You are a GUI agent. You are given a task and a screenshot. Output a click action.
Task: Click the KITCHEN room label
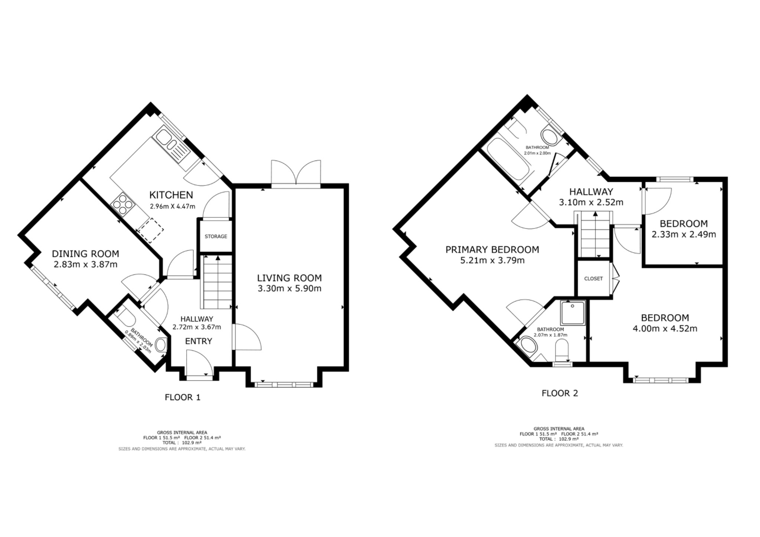[x=171, y=195]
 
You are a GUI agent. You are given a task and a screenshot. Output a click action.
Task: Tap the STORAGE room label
[x=216, y=236]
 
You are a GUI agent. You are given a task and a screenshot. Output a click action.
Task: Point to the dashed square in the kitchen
[x=150, y=230]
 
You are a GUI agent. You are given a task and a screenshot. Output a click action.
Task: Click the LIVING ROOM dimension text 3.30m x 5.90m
[x=289, y=289]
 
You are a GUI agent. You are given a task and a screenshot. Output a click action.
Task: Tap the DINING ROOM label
[x=85, y=254]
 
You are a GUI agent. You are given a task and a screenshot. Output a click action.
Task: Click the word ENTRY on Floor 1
[x=199, y=341]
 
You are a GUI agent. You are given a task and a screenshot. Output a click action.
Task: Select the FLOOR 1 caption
[x=183, y=398]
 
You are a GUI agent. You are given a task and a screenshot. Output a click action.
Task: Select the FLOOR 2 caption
[x=560, y=393]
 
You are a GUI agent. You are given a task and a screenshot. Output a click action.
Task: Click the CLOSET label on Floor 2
[x=593, y=279]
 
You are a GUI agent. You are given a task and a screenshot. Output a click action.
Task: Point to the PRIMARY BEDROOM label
[x=492, y=250]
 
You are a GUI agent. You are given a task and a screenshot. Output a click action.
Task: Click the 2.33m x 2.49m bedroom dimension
[x=684, y=234]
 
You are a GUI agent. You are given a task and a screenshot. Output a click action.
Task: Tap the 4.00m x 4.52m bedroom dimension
[x=665, y=329]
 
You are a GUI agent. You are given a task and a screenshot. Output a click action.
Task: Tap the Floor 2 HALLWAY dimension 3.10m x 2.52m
[x=591, y=202]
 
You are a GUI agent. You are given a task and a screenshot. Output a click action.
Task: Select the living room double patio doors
[x=296, y=174]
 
